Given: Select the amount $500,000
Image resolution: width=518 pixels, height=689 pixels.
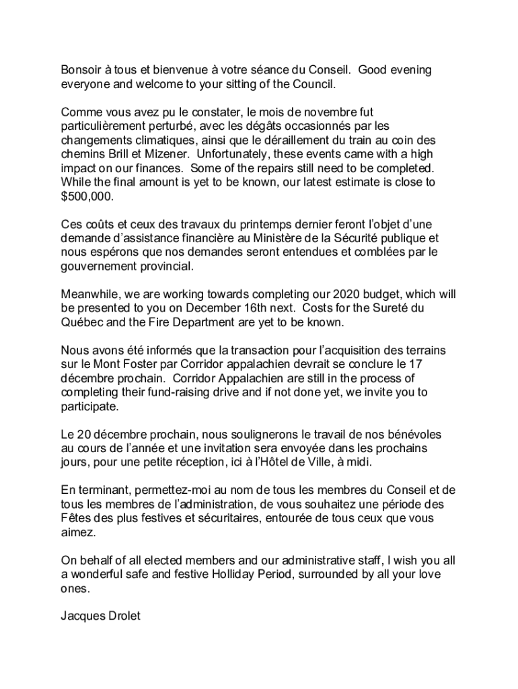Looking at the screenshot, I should (87, 197).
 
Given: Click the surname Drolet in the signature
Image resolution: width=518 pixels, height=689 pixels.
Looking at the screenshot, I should (121, 616).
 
